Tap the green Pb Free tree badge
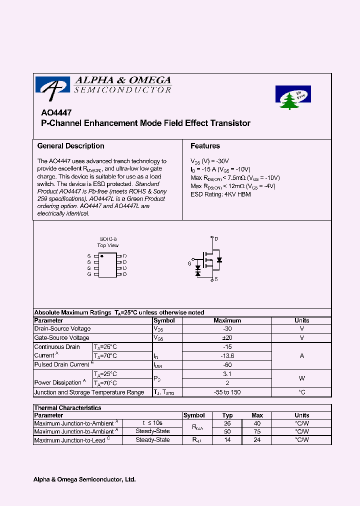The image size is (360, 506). point(293,96)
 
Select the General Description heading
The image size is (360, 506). point(71,146)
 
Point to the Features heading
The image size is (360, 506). point(205,146)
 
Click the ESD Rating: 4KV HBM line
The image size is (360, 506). point(220,194)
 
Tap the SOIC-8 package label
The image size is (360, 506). point(107,239)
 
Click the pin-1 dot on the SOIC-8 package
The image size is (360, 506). point(102,256)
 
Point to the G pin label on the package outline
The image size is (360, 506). point(89,274)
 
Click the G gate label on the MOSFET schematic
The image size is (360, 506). point(189,263)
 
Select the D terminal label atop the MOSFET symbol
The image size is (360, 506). point(216,239)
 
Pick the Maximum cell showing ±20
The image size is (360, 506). point(227,338)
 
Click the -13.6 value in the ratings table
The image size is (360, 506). point(227,356)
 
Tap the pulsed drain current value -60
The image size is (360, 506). point(227,365)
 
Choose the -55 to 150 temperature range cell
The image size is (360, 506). point(227,392)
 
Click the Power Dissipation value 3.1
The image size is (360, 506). point(227,374)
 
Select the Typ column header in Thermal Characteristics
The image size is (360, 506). point(227,415)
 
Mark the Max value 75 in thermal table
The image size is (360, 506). point(257,431)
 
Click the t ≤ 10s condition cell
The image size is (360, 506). point(152,423)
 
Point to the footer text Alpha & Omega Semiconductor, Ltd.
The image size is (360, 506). point(84,479)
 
